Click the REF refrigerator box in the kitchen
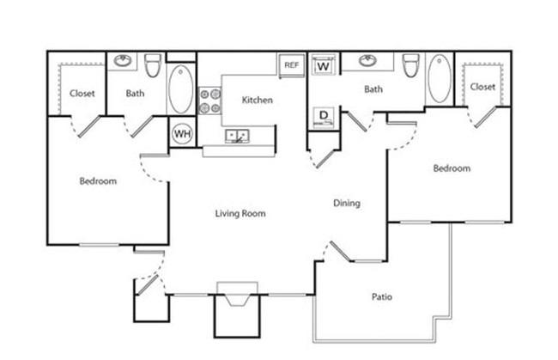(292, 65)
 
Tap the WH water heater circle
(182, 134)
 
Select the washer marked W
(324, 64)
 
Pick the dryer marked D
(324, 117)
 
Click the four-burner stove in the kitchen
(209, 101)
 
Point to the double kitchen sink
(237, 136)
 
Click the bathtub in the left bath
(181, 89)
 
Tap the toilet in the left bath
(153, 65)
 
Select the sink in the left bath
(123, 60)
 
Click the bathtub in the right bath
(440, 78)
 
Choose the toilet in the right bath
(410, 65)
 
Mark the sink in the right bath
(368, 60)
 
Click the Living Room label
(240, 214)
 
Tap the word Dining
(347, 204)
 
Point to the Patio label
(382, 296)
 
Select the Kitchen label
(258, 100)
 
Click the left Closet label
(82, 94)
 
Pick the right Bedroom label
(452, 168)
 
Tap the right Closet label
(482, 87)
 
